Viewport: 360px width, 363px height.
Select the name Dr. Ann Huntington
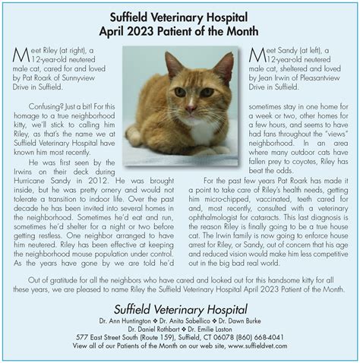pyautogui.click(x=128, y=320)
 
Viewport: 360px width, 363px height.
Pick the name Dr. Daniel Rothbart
pyautogui.click(x=156, y=328)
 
